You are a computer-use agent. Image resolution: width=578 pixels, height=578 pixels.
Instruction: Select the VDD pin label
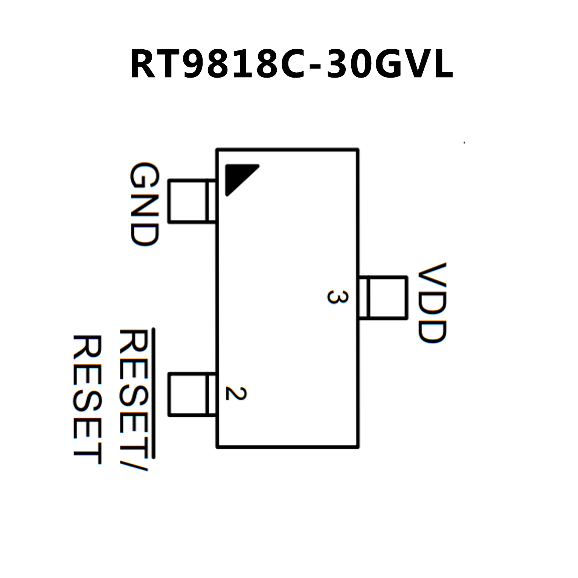[432, 302]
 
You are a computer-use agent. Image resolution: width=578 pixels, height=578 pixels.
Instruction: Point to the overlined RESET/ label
[134, 399]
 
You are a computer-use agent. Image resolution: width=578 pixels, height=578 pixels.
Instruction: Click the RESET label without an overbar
[87, 399]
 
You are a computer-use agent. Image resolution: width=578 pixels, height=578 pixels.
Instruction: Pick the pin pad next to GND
[192, 201]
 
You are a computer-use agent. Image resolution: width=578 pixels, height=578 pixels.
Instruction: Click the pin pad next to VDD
[383, 297]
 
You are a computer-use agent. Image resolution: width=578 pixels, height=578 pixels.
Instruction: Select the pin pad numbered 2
[192, 394]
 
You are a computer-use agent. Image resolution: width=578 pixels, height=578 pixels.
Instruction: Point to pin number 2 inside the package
[236, 393]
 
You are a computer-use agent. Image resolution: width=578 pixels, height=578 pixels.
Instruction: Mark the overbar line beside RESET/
[154, 393]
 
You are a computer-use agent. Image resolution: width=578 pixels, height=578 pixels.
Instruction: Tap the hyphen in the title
[317, 66]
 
